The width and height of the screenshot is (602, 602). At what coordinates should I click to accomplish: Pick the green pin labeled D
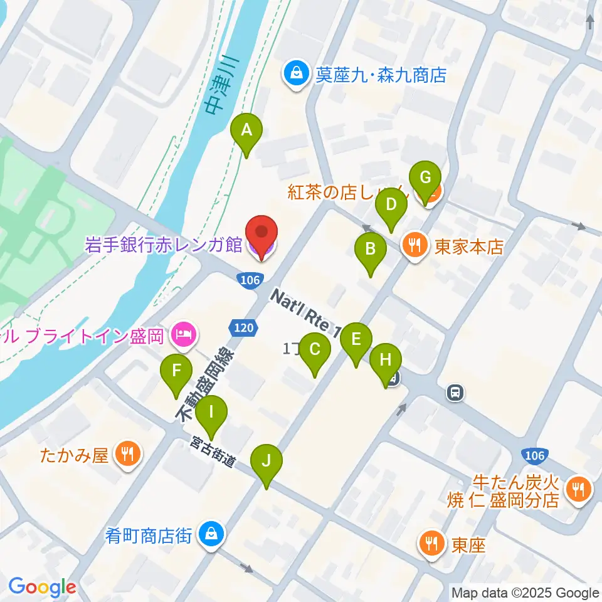(391, 206)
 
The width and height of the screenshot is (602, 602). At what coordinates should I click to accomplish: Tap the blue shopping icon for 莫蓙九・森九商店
(293, 75)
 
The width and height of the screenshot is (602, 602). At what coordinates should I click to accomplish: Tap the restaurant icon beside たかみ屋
(129, 455)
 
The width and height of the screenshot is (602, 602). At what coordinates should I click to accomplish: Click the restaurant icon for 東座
(432, 544)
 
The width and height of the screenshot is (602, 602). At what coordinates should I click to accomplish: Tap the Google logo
(42, 588)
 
